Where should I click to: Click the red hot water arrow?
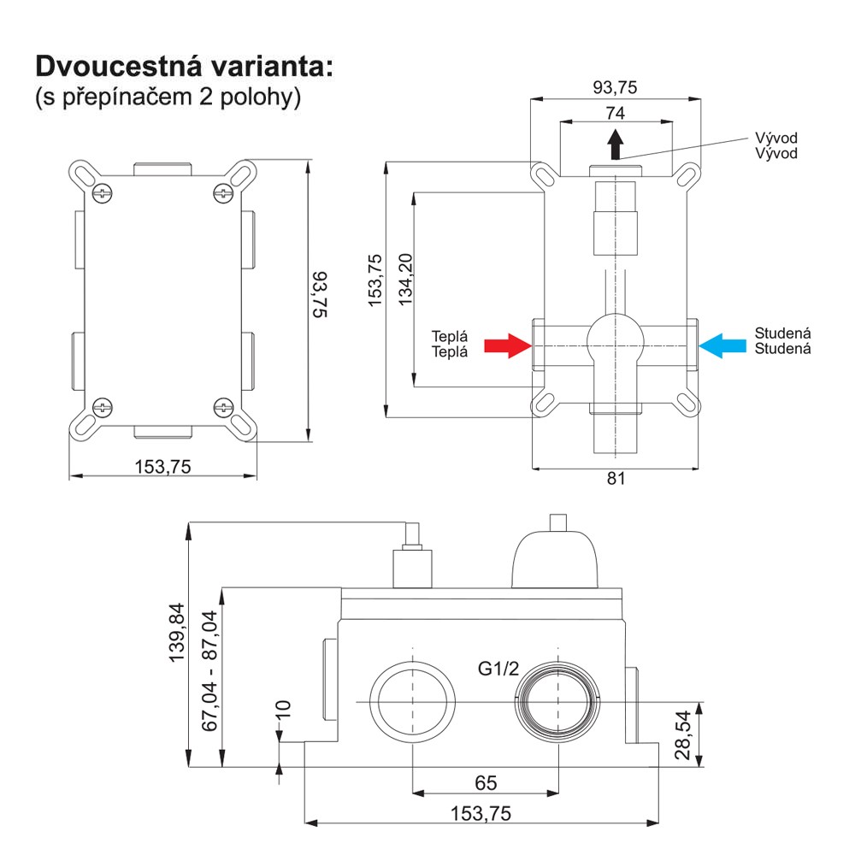pos(507,345)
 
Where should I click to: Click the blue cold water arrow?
pos(722,345)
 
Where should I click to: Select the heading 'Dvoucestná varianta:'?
pos(182,66)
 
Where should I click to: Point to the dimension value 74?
pos(615,113)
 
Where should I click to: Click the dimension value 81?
pos(616,479)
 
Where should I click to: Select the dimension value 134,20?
pos(405,280)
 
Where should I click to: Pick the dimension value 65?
pos(485,782)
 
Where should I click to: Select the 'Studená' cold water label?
pos(782,340)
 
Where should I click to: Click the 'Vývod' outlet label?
pos(775,146)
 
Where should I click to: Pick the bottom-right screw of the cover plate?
pos(223,407)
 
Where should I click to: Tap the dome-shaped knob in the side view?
pos(555,560)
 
